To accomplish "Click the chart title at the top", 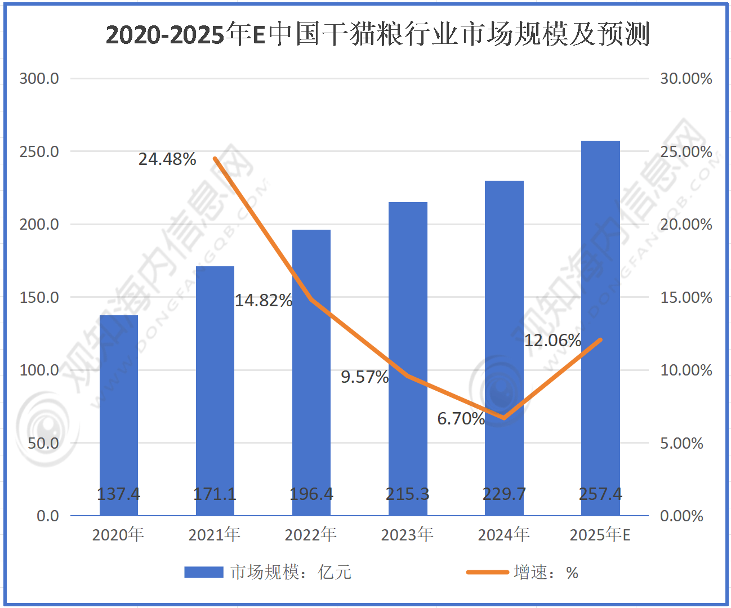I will pos(377,35).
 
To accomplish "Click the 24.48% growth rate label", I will pos(167,159).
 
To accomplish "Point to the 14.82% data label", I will pos(264,301).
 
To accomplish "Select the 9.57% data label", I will pos(364,377).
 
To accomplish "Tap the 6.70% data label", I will pos(461,419).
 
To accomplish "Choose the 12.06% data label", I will pos(552,341).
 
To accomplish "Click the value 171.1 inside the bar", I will pos(215,494).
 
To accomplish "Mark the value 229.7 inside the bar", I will pos(504,494).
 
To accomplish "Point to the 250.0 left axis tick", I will pos(39,152).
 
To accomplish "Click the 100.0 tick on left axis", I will pos(39,370).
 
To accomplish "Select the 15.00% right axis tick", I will pos(686,298).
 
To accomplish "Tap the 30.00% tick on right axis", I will pos(686,79).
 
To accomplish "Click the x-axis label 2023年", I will pos(407,535).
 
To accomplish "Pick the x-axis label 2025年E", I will pos(600,535).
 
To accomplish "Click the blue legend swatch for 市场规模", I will pos(204,573).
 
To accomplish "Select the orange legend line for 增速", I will pos(487,573).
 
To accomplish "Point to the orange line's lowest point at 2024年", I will pos(503,418).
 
